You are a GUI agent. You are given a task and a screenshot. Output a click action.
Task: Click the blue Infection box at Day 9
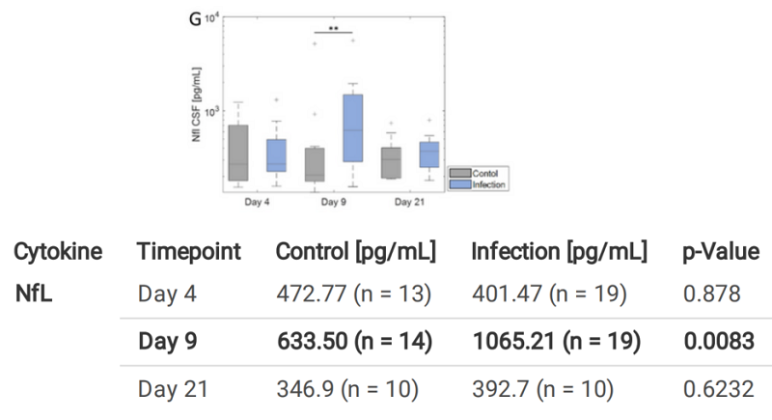pyautogui.click(x=352, y=127)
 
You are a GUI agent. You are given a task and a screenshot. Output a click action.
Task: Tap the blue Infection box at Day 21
pyautogui.click(x=428, y=154)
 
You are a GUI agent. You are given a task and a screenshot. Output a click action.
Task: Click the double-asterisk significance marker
pyautogui.click(x=333, y=30)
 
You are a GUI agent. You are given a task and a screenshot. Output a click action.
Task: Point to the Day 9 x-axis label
pyautogui.click(x=333, y=202)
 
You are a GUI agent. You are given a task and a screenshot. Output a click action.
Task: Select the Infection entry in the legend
pyautogui.click(x=488, y=182)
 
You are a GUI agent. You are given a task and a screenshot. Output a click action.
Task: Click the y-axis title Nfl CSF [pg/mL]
pyautogui.click(x=198, y=101)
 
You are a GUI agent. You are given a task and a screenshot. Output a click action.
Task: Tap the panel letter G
pyautogui.click(x=194, y=19)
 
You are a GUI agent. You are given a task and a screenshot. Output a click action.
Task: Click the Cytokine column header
pyautogui.click(x=58, y=252)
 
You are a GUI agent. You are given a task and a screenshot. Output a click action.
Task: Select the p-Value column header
pyautogui.click(x=713, y=252)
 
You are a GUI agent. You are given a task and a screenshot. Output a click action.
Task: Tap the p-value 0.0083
pyautogui.click(x=717, y=342)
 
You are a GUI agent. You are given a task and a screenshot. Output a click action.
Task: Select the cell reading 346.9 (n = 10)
pyautogui.click(x=346, y=391)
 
